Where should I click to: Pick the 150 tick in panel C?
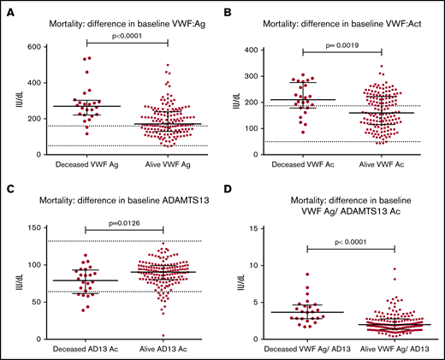pyautogui.click(x=35, y=227)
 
